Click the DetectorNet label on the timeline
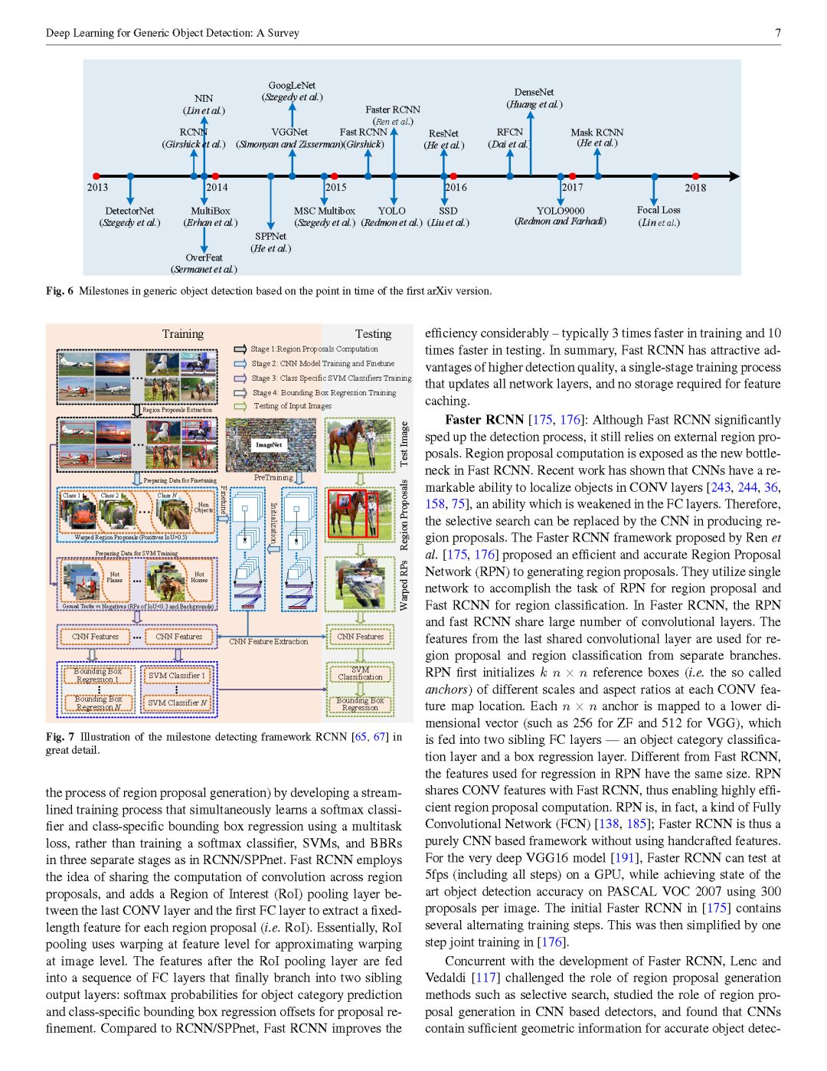[x=129, y=211]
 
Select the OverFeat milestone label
[x=204, y=257]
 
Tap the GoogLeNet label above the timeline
[x=292, y=85]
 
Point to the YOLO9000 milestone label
[x=560, y=211]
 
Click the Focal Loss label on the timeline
[x=659, y=210]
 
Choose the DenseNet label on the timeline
[x=534, y=92]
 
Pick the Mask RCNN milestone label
[x=597, y=133]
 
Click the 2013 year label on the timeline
[x=97, y=188]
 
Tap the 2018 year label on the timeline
[x=695, y=188]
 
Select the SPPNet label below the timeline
[x=270, y=236]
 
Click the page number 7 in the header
[x=778, y=33]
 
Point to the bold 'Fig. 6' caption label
[x=60, y=291]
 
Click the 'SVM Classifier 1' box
[x=176, y=676]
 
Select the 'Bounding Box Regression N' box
[x=98, y=703]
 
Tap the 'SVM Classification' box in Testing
[x=360, y=673]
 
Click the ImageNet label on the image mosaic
[x=269, y=444]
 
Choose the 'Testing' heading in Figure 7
[x=373, y=334]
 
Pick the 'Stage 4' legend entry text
[x=324, y=392]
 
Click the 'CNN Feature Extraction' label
[x=268, y=641]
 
